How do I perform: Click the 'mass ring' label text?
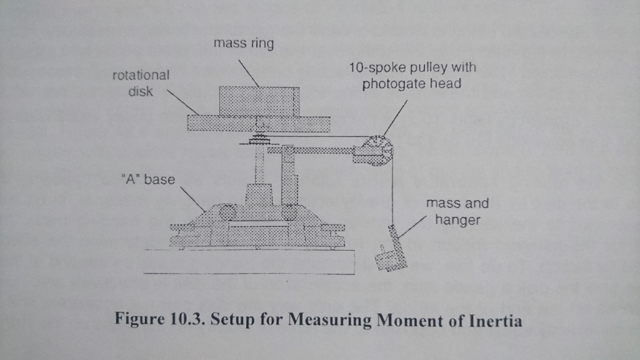pyautogui.click(x=243, y=44)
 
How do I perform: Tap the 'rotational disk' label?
pyautogui.click(x=140, y=83)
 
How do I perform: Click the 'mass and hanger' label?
pyautogui.click(x=457, y=211)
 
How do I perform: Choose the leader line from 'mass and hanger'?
pyautogui.click(x=413, y=227)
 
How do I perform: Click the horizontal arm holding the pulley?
pyautogui.click(x=312, y=150)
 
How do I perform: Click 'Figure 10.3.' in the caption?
pyautogui.click(x=161, y=321)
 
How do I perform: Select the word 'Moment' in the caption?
pyautogui.click(x=409, y=321)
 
